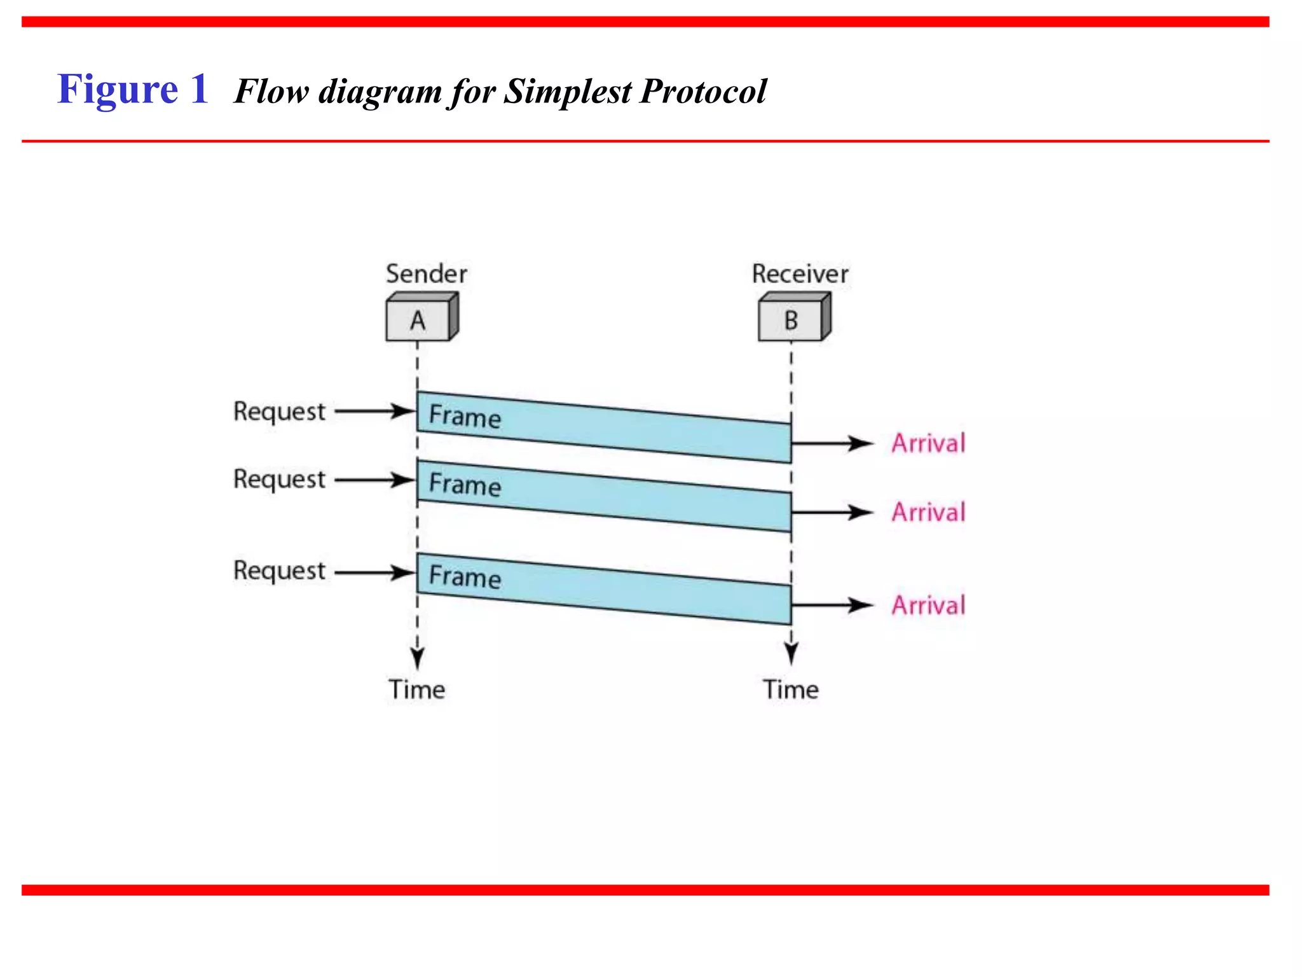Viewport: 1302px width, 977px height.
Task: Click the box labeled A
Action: pyautogui.click(x=418, y=320)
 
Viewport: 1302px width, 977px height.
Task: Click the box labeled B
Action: pyautogui.click(x=791, y=320)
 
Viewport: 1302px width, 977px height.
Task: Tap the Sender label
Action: pyautogui.click(x=427, y=274)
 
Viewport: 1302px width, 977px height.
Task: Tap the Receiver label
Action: pyautogui.click(x=800, y=274)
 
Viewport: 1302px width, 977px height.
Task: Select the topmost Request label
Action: pyautogui.click(x=279, y=412)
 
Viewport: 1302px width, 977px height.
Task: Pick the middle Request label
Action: pyautogui.click(x=279, y=480)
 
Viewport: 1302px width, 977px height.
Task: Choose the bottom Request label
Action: pyautogui.click(x=279, y=571)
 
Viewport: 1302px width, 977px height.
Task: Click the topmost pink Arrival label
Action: pyautogui.click(x=928, y=443)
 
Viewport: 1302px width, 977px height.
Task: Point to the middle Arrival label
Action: pyautogui.click(x=928, y=512)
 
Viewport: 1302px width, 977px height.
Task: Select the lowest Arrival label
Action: pyautogui.click(x=928, y=605)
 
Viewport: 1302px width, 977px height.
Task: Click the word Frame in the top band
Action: pyautogui.click(x=465, y=416)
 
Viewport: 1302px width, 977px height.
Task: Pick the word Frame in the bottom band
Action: pyautogui.click(x=465, y=576)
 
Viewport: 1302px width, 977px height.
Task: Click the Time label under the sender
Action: pyautogui.click(x=417, y=689)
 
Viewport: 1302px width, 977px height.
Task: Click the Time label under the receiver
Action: pyautogui.click(x=791, y=689)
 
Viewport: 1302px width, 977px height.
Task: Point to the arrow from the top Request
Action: pyautogui.click(x=375, y=412)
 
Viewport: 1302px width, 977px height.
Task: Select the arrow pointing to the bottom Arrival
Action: pyautogui.click(x=833, y=605)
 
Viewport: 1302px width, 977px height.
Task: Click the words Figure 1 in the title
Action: pyautogui.click(x=133, y=89)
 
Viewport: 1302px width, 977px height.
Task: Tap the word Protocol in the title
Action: pyautogui.click(x=703, y=91)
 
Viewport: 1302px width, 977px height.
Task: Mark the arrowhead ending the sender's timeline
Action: pyautogui.click(x=417, y=659)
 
